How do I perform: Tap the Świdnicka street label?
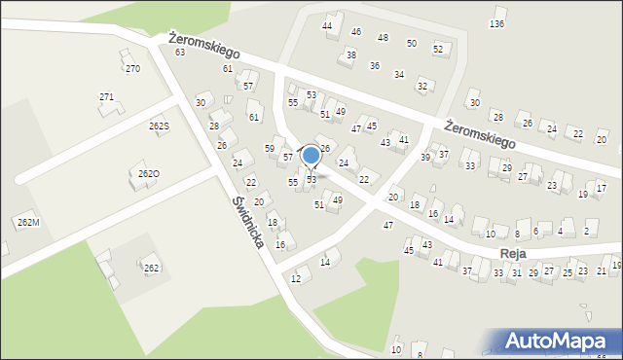click(248, 222)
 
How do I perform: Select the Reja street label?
click(513, 253)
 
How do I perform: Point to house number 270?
click(132, 69)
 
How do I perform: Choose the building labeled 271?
click(107, 97)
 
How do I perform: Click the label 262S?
click(159, 126)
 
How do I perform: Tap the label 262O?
click(148, 174)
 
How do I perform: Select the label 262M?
click(27, 223)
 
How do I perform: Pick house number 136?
click(497, 23)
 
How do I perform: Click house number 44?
click(328, 25)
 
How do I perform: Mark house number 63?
click(180, 53)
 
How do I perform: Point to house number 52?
click(438, 49)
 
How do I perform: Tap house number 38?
click(350, 54)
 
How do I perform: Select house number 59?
click(271, 148)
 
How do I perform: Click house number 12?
click(295, 279)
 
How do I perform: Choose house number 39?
click(425, 157)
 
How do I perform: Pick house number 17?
click(602, 187)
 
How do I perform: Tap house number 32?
click(421, 86)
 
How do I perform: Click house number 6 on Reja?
click(536, 232)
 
